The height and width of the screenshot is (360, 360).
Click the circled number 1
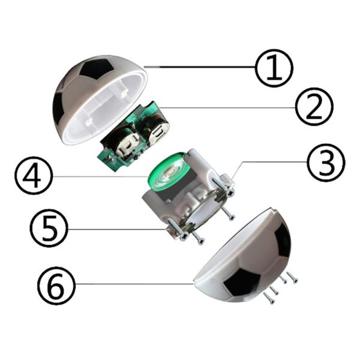pyautogui.click(x=274, y=68)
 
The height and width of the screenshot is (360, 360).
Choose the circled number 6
pyautogui.click(x=57, y=285)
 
